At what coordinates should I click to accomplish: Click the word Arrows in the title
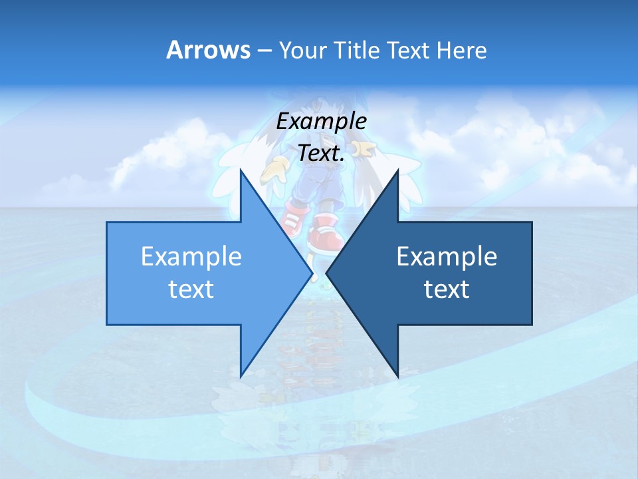coord(208,50)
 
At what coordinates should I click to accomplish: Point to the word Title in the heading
coord(358,50)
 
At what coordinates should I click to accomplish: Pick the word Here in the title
coord(462,50)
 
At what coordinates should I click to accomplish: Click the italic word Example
coord(322,122)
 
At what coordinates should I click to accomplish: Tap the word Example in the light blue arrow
coord(191,257)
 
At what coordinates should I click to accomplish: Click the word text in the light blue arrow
coord(191,289)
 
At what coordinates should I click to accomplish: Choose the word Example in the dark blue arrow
coord(447,257)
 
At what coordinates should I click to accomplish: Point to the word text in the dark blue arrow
coord(447,289)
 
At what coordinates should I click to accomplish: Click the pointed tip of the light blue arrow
coord(312,273)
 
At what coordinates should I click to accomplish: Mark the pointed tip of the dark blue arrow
coord(327,273)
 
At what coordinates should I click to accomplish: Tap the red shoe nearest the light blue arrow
coord(294,220)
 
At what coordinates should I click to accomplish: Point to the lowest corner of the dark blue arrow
coord(398,377)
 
